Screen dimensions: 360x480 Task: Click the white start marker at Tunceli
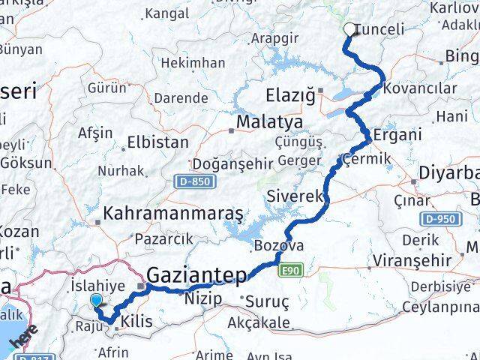[x=350, y=30]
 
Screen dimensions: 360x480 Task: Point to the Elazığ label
[x=286, y=95]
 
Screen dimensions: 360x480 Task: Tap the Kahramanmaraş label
[x=173, y=214]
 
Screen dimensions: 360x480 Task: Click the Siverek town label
[x=295, y=196]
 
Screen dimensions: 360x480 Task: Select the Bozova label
[x=279, y=246]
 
